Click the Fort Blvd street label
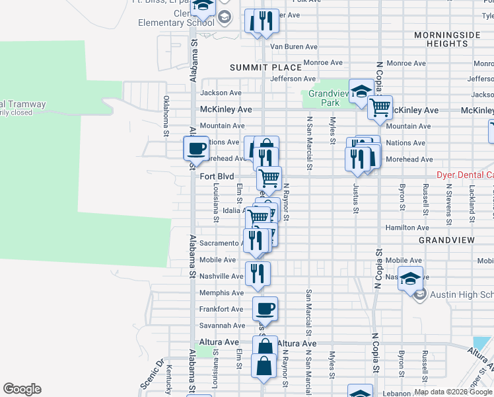coord(217,177)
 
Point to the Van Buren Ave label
coord(293,47)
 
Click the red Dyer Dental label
coord(465,175)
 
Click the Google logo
coord(22,389)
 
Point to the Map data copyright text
coord(454,392)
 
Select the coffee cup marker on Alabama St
coord(196,148)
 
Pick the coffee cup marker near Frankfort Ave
coord(265,308)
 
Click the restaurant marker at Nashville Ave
coord(258,274)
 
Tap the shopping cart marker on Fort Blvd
coord(269,178)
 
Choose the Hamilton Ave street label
coord(402,227)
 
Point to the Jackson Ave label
coord(221,93)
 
